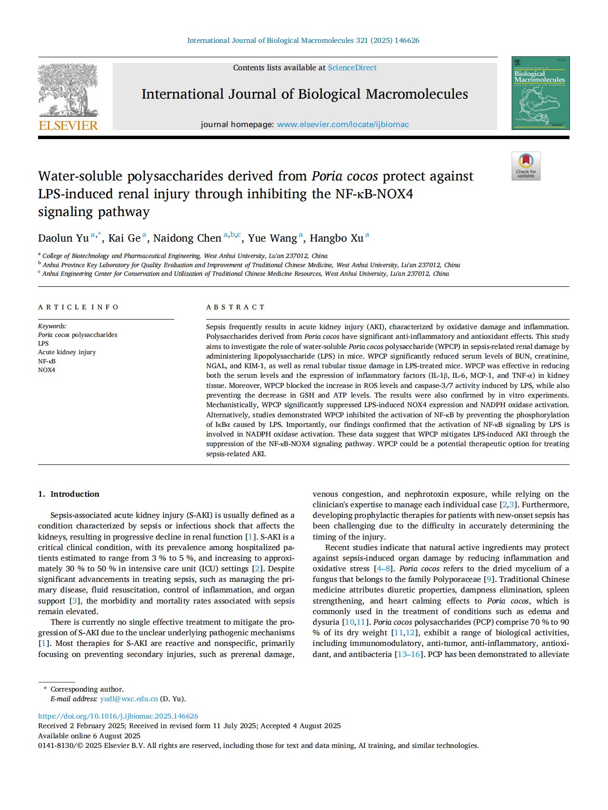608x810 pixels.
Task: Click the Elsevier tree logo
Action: pos(68,90)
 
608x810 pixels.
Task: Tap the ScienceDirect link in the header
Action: pos(352,68)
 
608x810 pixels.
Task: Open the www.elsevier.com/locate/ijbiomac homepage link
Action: pos(343,125)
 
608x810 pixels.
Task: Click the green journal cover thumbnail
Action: pos(540,93)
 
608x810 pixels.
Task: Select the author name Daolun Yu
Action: pos(63,238)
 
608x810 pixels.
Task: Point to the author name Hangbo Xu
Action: pos(336,238)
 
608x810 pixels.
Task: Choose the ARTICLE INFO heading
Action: pos(79,307)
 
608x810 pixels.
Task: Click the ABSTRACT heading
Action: pos(236,307)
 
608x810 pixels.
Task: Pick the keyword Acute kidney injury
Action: pos(67,352)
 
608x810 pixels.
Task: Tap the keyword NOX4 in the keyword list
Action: pos(47,370)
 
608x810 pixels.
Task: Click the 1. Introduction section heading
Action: pos(68,494)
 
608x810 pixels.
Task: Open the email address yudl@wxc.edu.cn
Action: pos(129,699)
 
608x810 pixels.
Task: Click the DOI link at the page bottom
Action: pos(118,716)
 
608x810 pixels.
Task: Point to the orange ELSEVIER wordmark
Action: pos(68,126)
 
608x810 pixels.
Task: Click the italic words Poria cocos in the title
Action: pos(344,176)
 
